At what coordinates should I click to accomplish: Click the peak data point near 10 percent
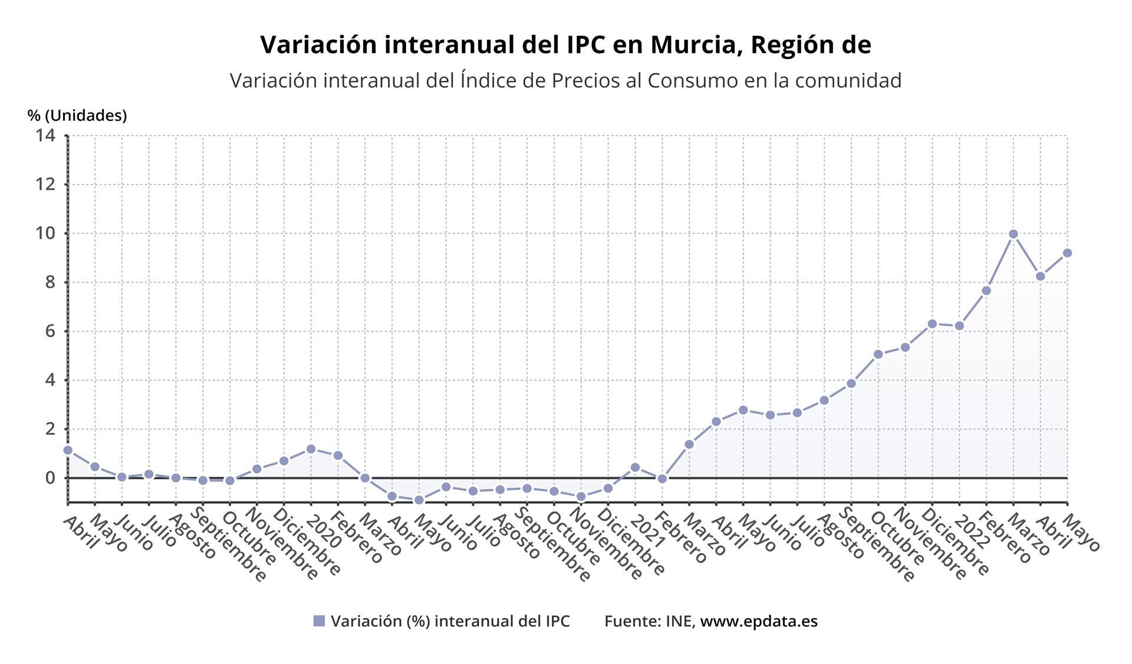point(1013,234)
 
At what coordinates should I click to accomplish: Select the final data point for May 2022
point(1067,253)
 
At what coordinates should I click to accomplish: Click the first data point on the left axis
point(68,450)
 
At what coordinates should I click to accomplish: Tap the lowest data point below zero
point(419,500)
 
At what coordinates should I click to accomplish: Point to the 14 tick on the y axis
point(45,136)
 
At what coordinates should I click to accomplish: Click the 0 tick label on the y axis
point(50,478)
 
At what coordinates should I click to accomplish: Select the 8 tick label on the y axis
point(50,282)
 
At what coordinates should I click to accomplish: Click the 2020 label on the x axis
point(324,531)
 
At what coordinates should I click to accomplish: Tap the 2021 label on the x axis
point(648,531)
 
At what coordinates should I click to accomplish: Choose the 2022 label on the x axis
point(972,531)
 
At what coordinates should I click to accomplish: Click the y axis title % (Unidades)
point(77,115)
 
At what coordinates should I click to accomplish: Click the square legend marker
point(319,621)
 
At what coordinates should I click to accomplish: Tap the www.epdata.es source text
point(758,621)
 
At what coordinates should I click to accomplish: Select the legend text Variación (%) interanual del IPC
point(450,621)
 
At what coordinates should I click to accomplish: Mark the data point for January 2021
point(635,467)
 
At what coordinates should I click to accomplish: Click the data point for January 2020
point(311,449)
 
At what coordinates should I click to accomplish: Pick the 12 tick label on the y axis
point(45,184)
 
